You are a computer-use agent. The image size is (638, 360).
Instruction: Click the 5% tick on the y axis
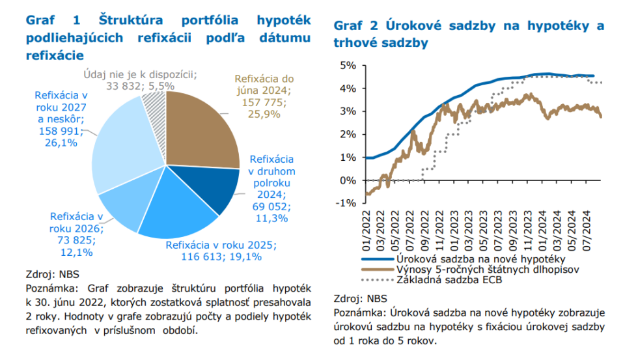coord(347,65)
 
